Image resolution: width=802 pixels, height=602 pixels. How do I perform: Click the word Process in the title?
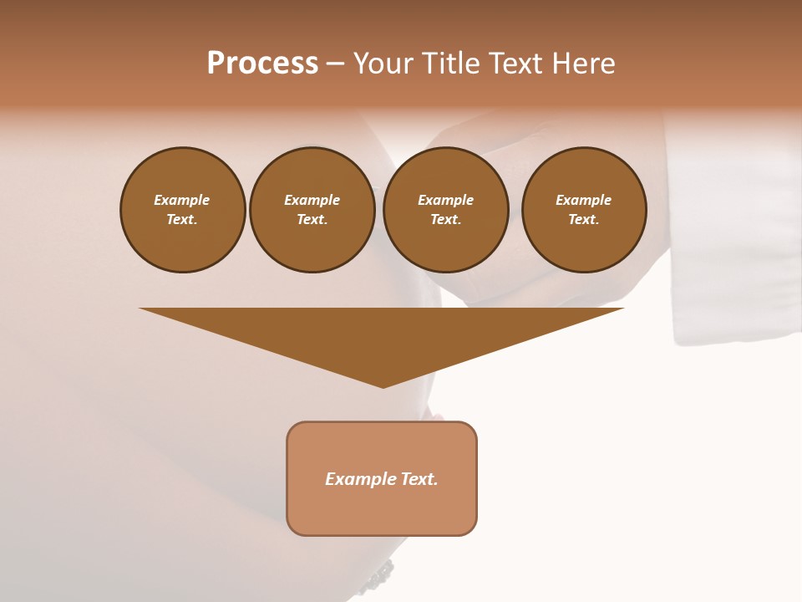tap(262, 64)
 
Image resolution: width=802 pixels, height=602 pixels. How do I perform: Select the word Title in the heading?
tap(451, 64)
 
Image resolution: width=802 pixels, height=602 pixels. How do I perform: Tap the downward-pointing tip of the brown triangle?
tap(383, 385)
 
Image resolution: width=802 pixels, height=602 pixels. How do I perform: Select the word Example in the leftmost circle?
tap(182, 200)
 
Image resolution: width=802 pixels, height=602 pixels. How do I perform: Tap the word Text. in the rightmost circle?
tap(584, 219)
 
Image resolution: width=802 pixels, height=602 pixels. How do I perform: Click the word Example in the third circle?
tap(445, 200)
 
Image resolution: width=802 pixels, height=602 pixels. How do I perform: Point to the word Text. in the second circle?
tap(312, 219)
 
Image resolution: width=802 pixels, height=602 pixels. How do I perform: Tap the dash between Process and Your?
tap(335, 64)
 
